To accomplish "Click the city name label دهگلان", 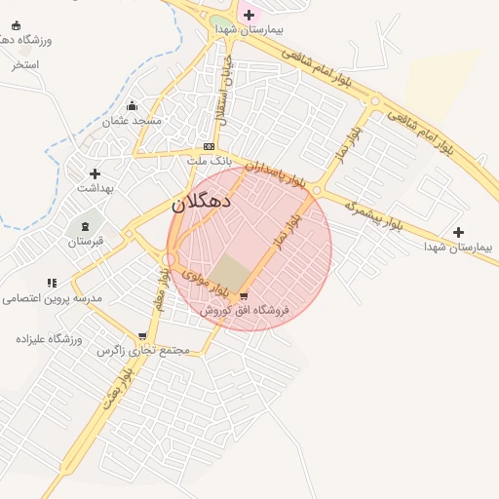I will [x=201, y=203].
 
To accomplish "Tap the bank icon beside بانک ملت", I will [x=208, y=146].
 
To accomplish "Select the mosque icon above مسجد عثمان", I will [x=133, y=106].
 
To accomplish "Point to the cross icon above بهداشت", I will [x=95, y=173].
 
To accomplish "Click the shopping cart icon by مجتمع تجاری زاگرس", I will [x=142, y=336].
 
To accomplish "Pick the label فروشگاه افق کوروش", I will [x=246, y=310].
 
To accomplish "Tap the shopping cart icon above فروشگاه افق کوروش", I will [x=243, y=296].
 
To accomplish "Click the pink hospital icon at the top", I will [x=249, y=15].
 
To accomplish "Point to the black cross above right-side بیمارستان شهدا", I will [x=458, y=232].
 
